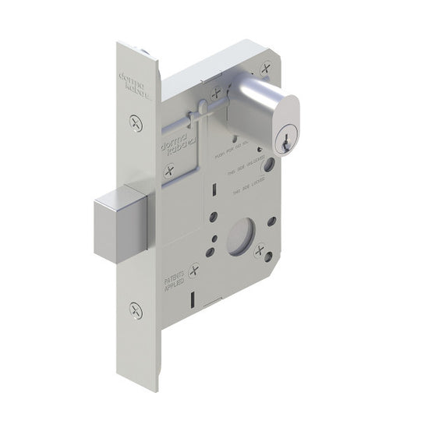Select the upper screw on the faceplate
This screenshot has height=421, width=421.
pyautogui.click(x=136, y=122)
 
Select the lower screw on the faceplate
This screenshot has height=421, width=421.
pyautogui.click(x=136, y=310)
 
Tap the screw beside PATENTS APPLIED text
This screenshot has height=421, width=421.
pyautogui.click(x=193, y=271)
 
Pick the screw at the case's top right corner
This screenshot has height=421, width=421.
pyautogui.click(x=266, y=68)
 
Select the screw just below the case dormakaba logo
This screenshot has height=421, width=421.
pyautogui.click(x=168, y=171)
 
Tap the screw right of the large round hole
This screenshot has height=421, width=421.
pyautogui.click(x=260, y=250)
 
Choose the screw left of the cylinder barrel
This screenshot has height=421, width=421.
pyautogui.click(x=217, y=92)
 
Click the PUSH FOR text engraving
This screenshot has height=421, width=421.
pyautogui.click(x=237, y=154)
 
